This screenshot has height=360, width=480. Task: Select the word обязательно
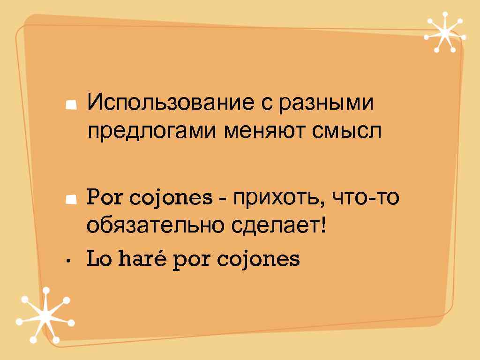155,227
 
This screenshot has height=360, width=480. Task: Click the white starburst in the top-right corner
443,33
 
